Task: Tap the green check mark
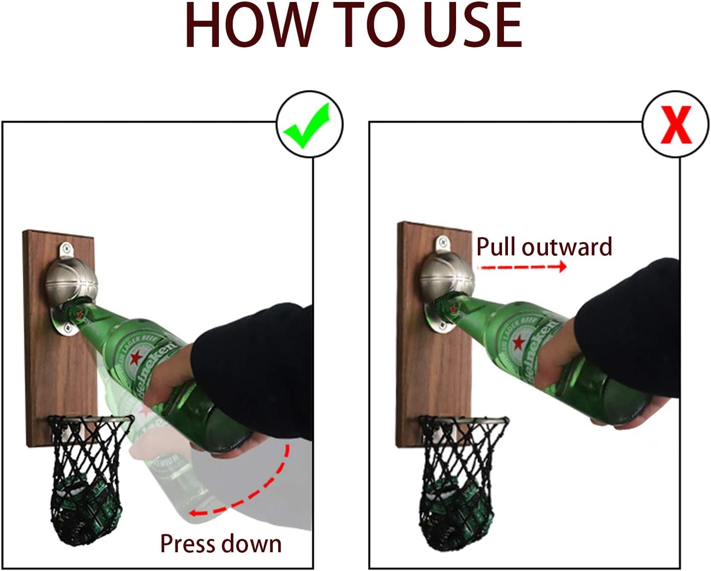click(307, 125)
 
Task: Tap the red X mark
click(676, 125)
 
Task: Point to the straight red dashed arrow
click(523, 267)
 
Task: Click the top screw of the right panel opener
click(442, 240)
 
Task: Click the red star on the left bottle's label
click(135, 358)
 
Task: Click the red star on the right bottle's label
click(519, 342)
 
